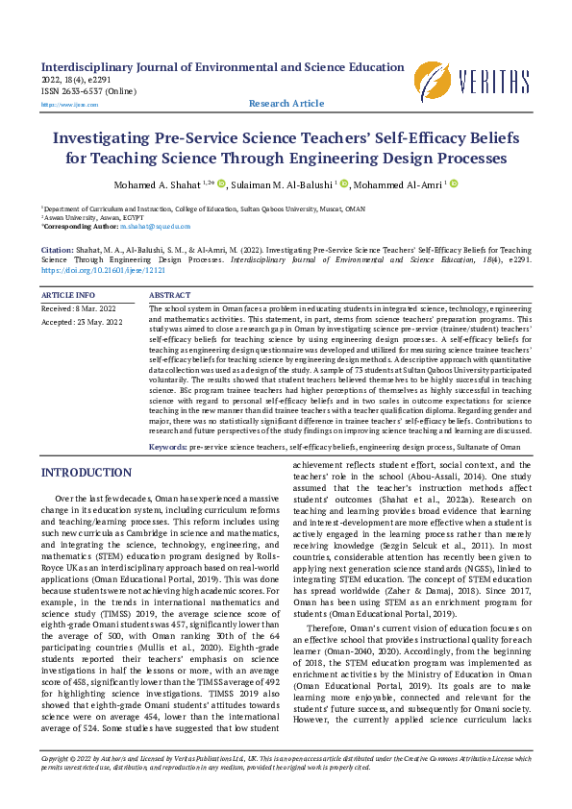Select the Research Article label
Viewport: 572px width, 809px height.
tap(286, 103)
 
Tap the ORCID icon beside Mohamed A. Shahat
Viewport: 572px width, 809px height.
tap(221, 184)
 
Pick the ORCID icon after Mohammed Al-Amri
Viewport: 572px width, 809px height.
tap(454, 184)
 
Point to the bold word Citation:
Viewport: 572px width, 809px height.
tap(58, 249)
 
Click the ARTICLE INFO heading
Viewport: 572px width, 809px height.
tap(69, 295)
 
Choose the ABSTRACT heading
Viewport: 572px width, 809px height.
tap(171, 295)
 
